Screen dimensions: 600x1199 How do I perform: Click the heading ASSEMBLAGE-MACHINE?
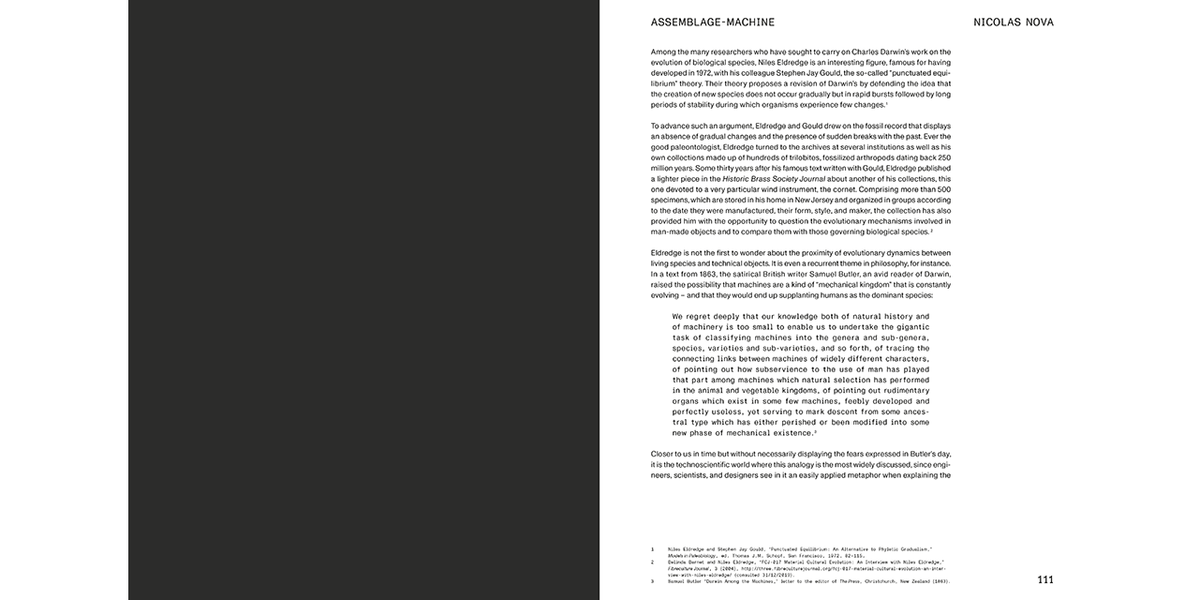coord(713,22)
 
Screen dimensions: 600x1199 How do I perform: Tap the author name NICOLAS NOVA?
coord(1013,22)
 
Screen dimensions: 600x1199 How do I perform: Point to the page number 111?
coord(1044,579)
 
